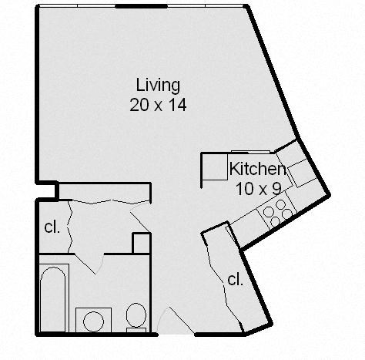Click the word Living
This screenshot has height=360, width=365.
158,85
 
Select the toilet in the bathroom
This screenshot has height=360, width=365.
136,315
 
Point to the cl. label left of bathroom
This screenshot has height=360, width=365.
52,227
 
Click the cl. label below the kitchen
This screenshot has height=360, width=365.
235,280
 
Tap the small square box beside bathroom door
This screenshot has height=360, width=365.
140,242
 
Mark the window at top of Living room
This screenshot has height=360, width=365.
142,6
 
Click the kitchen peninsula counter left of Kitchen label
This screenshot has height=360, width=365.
212,167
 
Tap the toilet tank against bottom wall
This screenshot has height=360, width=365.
136,330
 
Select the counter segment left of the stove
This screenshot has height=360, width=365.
248,224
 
